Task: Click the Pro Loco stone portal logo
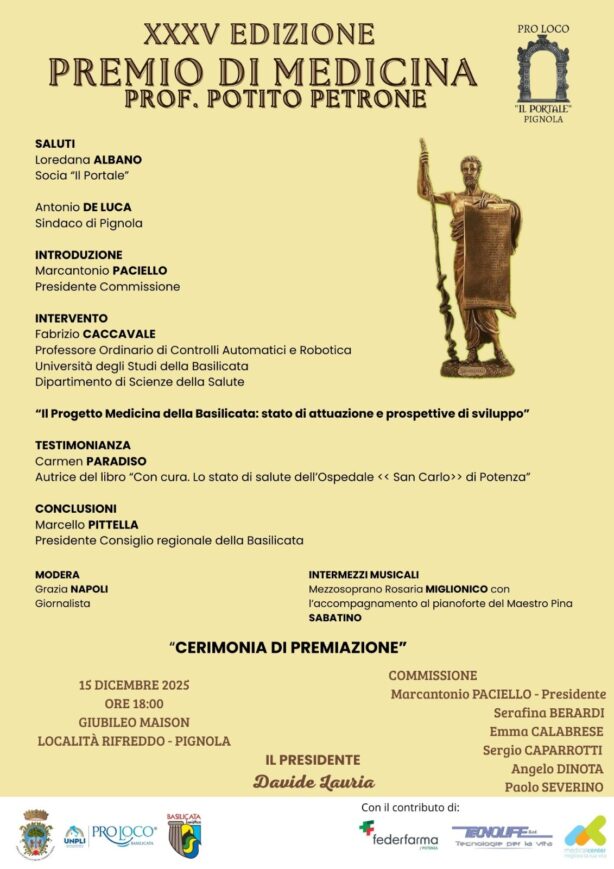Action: tap(542, 68)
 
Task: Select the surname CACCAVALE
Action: tap(119, 334)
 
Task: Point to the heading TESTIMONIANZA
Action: tap(83, 445)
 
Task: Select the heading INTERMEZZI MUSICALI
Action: tap(364, 574)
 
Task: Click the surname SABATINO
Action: tap(336, 618)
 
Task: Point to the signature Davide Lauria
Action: tap(313, 781)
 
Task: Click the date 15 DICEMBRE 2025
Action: tap(134, 685)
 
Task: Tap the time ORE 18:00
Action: tap(134, 703)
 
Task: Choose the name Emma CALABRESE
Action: tap(545, 731)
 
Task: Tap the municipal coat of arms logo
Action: tap(35, 833)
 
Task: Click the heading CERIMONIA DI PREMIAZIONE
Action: tap(288, 647)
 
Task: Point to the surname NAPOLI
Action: tap(88, 589)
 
